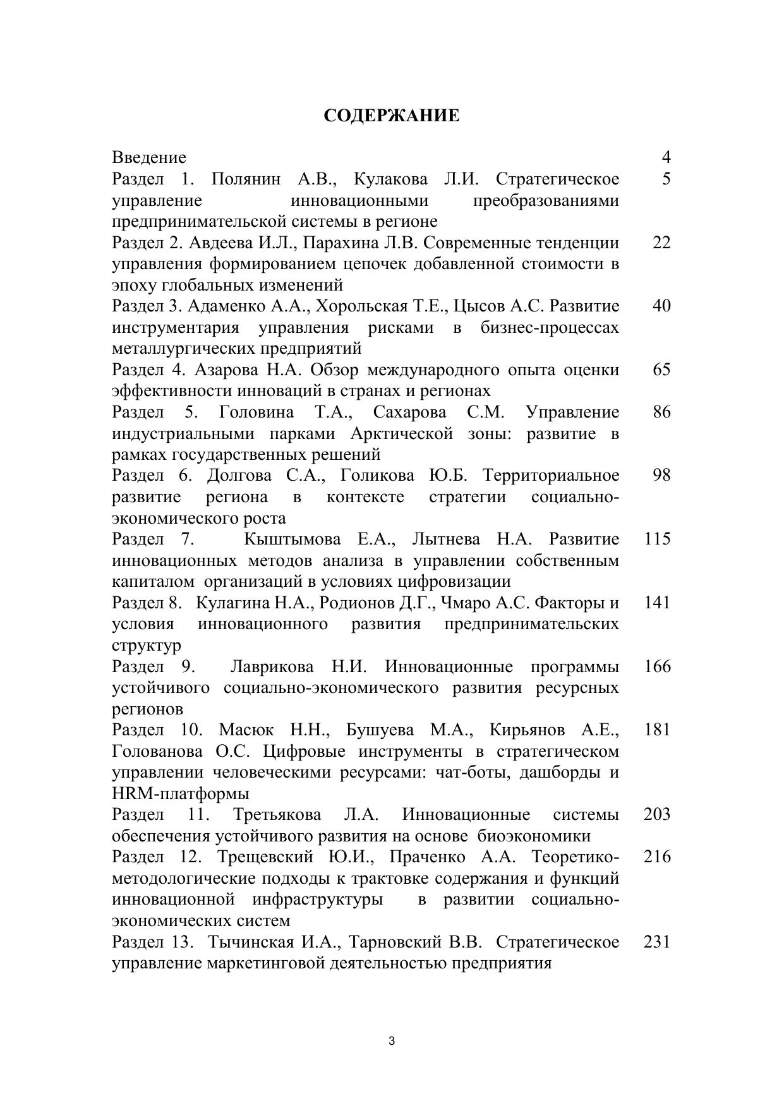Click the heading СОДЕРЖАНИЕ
392,116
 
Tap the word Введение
149,157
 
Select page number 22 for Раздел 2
661,243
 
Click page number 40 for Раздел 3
661,306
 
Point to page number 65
661,370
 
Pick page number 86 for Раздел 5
661,412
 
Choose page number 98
661,475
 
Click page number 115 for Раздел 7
657,539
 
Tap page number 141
657,603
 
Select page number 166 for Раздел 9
657,666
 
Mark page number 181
657,730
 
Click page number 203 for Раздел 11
657,815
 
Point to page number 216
657,857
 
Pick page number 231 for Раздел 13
657,942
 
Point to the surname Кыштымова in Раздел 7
292,539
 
